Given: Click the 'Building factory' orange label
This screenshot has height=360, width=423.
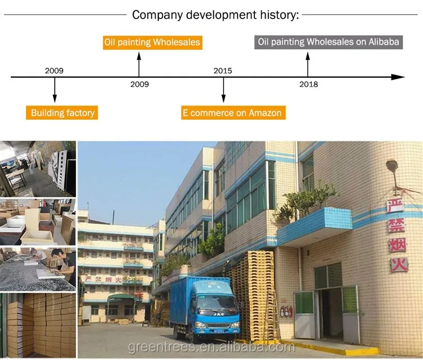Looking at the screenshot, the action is pyautogui.click(x=62, y=113).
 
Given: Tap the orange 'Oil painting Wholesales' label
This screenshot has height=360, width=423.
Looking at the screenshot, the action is pyautogui.click(x=152, y=42).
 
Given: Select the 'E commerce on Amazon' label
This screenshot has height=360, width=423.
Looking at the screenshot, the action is pyautogui.click(x=232, y=113).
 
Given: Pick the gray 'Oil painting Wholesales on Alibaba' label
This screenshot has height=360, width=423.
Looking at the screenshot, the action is pyautogui.click(x=328, y=42).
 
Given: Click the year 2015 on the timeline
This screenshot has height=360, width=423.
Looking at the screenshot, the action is pyautogui.click(x=222, y=71).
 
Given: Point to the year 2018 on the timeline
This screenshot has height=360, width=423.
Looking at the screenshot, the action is pyautogui.click(x=309, y=84).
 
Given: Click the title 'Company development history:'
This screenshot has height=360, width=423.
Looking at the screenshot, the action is pyautogui.click(x=215, y=15).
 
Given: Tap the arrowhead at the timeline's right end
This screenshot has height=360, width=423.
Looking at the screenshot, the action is pyautogui.click(x=399, y=77).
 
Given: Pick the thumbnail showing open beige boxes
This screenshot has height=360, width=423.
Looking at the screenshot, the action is pyautogui.click(x=38, y=221).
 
